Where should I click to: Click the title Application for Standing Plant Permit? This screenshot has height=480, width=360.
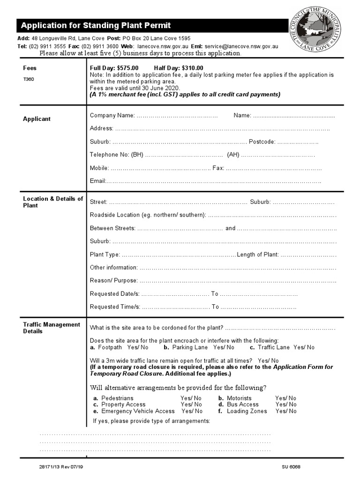coord(96,25)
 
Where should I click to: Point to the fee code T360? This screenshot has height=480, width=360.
coord(29,79)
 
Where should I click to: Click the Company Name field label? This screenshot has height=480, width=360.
coord(112,115)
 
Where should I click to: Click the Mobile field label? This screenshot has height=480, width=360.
coord(99,168)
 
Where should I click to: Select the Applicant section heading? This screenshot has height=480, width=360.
coord(37,119)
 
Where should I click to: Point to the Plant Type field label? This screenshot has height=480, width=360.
coord(105,255)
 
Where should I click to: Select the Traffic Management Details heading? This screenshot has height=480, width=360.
coord(52,328)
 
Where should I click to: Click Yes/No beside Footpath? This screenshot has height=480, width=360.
coord(138,348)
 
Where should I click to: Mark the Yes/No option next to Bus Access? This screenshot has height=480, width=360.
coord(286,405)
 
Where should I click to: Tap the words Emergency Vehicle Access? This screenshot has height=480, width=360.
coord(138,411)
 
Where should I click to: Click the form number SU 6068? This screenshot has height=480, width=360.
coord(291,467)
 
